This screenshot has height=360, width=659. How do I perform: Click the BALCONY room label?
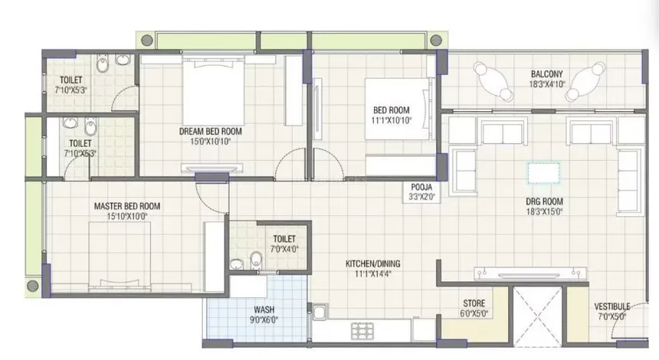(546, 74)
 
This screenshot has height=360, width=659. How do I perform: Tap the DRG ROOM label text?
(544, 201)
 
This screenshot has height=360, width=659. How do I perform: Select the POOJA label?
(421, 187)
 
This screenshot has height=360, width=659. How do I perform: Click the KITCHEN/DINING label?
(372, 263)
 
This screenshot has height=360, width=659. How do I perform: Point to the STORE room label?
(474, 303)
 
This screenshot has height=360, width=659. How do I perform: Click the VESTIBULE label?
(612, 306)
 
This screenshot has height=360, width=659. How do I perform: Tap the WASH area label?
(264, 310)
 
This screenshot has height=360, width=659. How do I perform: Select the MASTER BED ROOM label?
(127, 206)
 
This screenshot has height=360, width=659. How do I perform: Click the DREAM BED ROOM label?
(210, 131)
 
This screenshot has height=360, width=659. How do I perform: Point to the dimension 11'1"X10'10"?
(392, 120)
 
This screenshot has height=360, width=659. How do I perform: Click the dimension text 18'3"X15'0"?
(544, 212)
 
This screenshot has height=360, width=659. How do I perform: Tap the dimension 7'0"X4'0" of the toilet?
(284, 249)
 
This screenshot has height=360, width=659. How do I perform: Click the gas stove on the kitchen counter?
(362, 331)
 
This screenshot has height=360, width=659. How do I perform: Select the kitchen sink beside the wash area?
(319, 312)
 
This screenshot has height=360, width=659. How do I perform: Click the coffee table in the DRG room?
(543, 173)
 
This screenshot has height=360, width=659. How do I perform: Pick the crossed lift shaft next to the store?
(538, 312)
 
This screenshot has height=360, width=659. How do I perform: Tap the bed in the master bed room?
(120, 257)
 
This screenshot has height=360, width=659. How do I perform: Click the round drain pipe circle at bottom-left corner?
(33, 286)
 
